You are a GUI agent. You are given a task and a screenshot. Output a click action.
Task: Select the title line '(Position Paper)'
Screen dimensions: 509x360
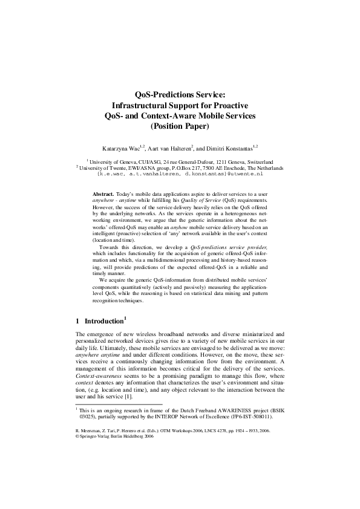[180, 126]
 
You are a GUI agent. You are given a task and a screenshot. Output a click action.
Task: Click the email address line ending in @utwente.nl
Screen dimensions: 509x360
[180, 173]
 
